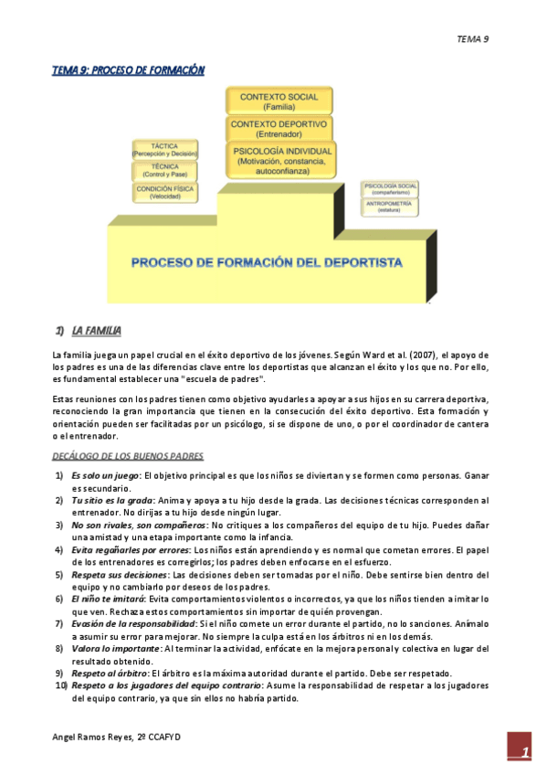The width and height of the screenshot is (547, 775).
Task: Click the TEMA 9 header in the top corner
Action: [473, 38]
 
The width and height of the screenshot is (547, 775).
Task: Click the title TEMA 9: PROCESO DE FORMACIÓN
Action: [128, 70]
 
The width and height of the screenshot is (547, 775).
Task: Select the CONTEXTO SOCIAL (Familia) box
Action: [279, 101]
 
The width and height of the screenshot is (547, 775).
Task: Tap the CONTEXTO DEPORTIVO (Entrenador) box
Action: [279, 128]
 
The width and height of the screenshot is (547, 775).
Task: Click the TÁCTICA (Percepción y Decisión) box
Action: [164, 149]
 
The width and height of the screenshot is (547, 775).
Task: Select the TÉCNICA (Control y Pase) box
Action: [164, 170]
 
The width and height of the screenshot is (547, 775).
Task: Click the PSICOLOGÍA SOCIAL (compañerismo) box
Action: [390, 189]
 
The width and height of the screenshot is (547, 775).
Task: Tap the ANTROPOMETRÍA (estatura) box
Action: [390, 206]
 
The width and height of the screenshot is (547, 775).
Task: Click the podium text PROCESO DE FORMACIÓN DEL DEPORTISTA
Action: [267, 262]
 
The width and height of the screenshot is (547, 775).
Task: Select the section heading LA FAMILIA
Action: [97, 330]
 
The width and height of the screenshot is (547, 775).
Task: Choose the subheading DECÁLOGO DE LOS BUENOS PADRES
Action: [128, 456]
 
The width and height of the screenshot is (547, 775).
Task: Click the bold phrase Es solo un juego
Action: [105, 476]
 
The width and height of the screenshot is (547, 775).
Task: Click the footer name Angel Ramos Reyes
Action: [91, 736]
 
